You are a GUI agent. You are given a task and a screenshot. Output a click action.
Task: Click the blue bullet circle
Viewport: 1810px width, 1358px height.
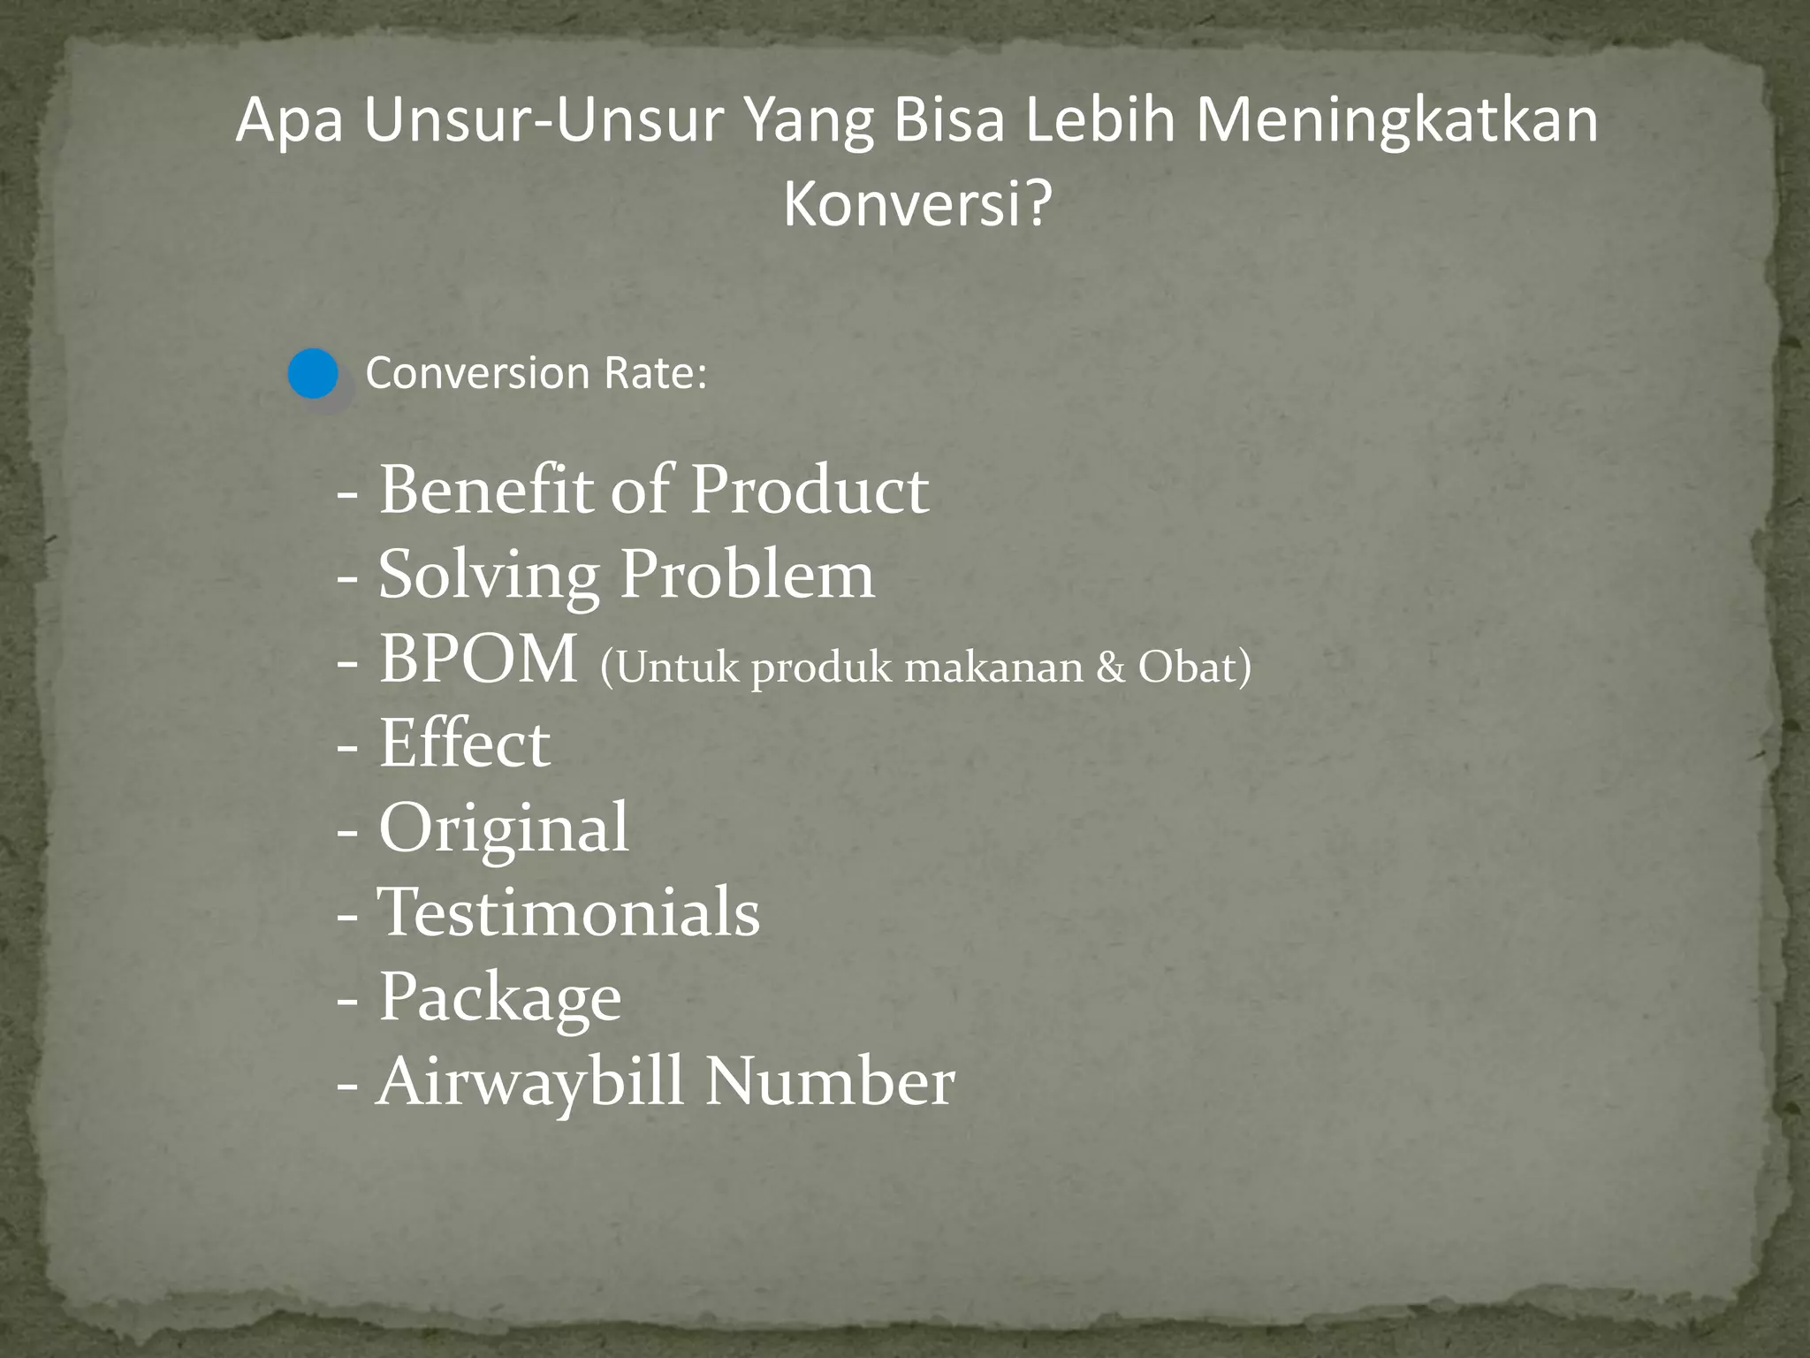[x=314, y=374]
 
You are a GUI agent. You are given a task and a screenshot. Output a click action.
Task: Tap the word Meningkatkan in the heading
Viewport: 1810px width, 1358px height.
[x=1396, y=120]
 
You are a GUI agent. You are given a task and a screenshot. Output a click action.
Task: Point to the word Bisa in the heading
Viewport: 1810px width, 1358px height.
[x=948, y=120]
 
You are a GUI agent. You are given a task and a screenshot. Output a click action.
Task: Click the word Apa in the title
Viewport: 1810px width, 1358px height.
[x=289, y=122]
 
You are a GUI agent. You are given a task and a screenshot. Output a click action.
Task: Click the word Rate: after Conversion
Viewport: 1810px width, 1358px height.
[x=656, y=373]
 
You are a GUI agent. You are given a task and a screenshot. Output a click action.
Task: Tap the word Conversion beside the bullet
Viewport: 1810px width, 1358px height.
[x=477, y=373]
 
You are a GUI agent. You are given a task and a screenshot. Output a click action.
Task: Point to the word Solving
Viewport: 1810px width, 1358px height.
[x=489, y=576]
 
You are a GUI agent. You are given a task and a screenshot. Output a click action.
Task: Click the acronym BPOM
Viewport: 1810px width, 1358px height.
[x=478, y=659]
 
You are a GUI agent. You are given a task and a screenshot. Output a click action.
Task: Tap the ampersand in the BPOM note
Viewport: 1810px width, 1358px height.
[x=1110, y=668]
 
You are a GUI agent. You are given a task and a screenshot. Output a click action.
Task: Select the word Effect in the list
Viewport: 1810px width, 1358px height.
[x=464, y=743]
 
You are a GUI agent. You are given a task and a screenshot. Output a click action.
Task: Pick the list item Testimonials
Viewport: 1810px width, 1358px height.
[x=568, y=912]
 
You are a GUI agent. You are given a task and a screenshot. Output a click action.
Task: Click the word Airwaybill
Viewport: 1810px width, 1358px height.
[x=530, y=1080]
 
